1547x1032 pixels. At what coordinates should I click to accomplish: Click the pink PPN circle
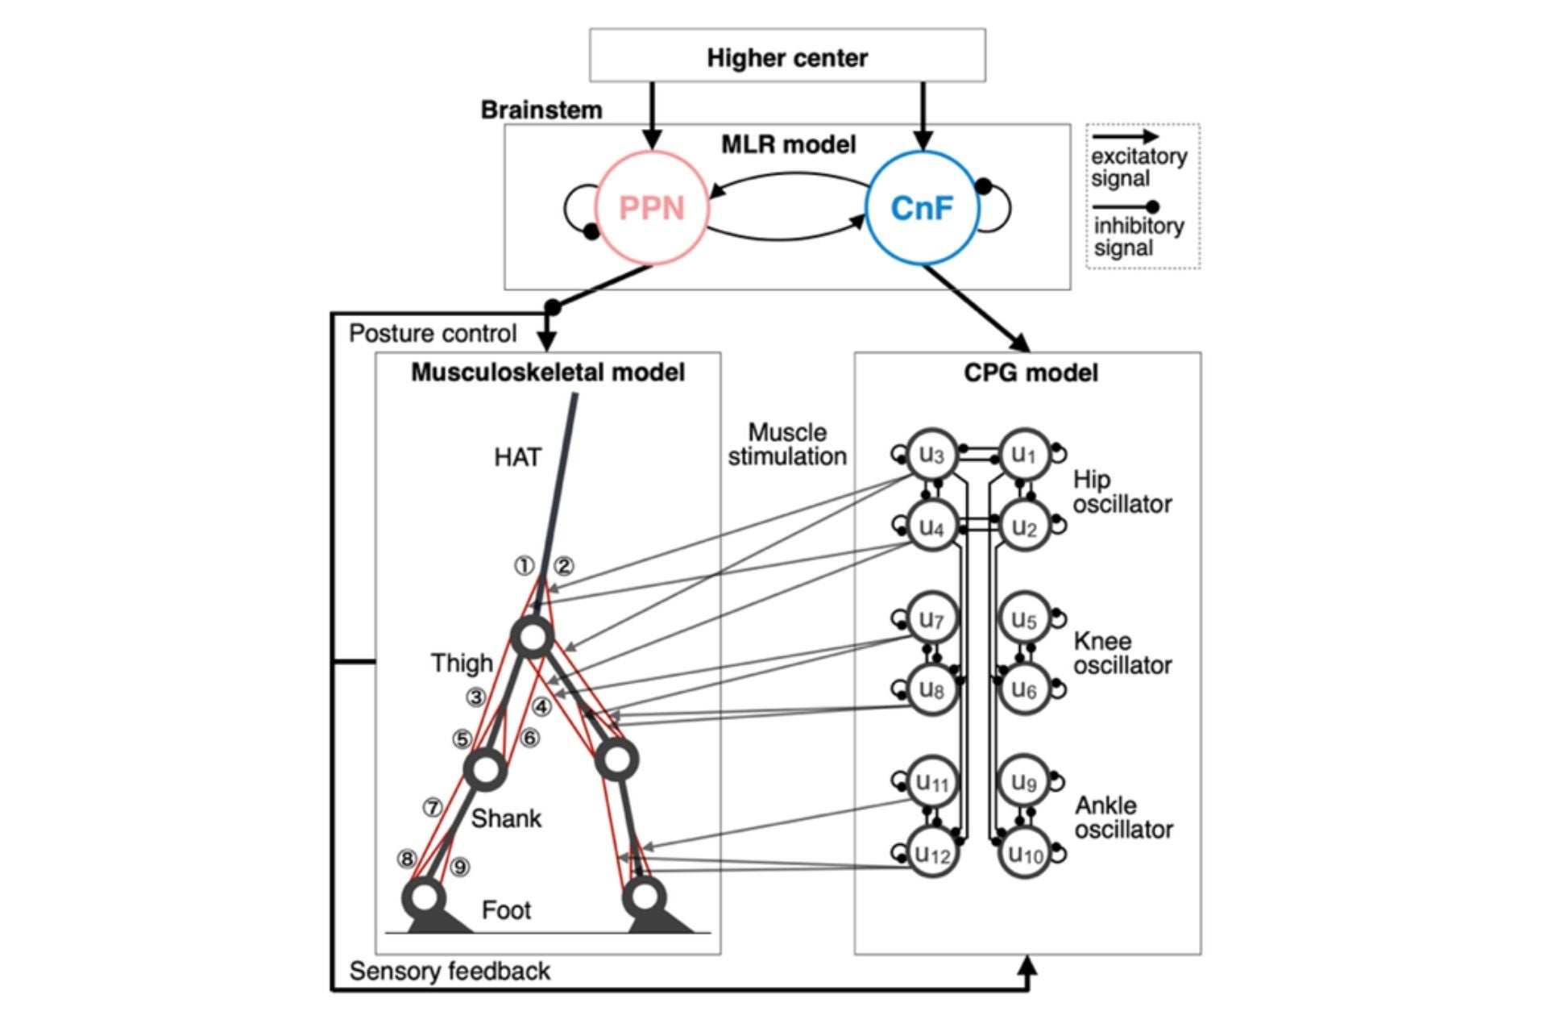651,208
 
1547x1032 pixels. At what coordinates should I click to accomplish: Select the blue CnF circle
922,208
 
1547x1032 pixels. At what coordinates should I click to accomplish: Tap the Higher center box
787,56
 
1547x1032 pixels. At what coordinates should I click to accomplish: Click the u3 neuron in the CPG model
932,455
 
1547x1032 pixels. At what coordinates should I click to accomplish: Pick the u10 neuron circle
1025,853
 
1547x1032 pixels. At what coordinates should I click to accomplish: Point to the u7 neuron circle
932,619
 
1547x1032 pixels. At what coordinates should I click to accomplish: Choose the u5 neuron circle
1025,619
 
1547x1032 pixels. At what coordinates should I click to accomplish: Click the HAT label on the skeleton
517,458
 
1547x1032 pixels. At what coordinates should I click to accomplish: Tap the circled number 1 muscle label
525,566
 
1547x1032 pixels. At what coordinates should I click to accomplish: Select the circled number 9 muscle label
460,867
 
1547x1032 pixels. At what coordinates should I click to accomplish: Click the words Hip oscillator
1122,492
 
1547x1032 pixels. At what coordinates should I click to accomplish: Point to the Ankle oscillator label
1123,817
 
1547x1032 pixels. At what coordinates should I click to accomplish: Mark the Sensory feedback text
450,972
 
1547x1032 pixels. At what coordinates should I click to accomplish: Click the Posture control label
433,334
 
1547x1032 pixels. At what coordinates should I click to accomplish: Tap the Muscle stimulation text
787,444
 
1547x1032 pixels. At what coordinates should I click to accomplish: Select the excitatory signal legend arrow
1125,137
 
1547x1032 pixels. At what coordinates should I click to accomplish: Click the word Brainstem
541,110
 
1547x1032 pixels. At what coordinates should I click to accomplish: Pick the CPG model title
1031,373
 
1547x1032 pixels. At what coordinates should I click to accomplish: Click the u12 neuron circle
932,853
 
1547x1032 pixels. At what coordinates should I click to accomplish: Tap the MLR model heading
788,145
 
